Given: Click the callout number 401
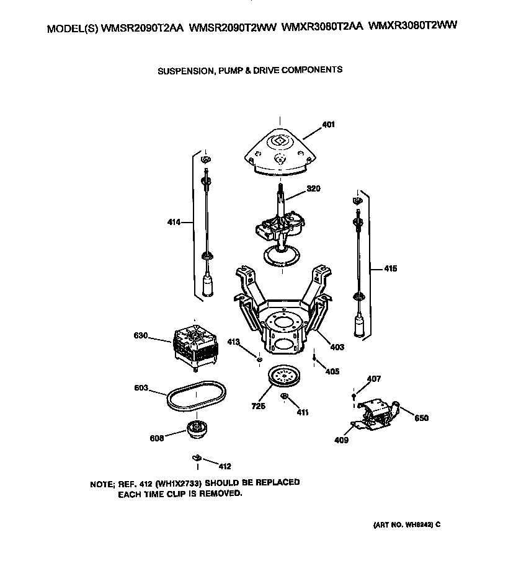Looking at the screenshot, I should (x=328, y=125).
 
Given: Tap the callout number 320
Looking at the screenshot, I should (x=313, y=189).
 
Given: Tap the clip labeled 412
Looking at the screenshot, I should (x=197, y=458).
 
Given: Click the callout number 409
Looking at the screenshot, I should (x=341, y=440).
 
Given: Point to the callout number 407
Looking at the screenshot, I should (x=373, y=379).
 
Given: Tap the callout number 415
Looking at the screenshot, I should (x=390, y=269).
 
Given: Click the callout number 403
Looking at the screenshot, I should (x=337, y=347).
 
